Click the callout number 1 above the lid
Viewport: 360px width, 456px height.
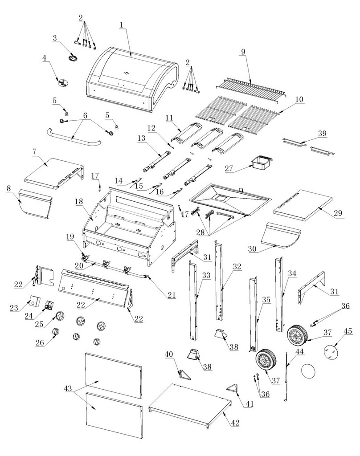(x=121, y=25)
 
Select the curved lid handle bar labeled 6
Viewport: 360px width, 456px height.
(x=71, y=138)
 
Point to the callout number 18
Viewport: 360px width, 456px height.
(x=79, y=201)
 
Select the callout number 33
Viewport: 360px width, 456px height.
(x=206, y=276)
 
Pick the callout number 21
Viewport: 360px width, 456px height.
(x=172, y=294)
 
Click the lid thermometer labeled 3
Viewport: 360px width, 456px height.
(x=73, y=58)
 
